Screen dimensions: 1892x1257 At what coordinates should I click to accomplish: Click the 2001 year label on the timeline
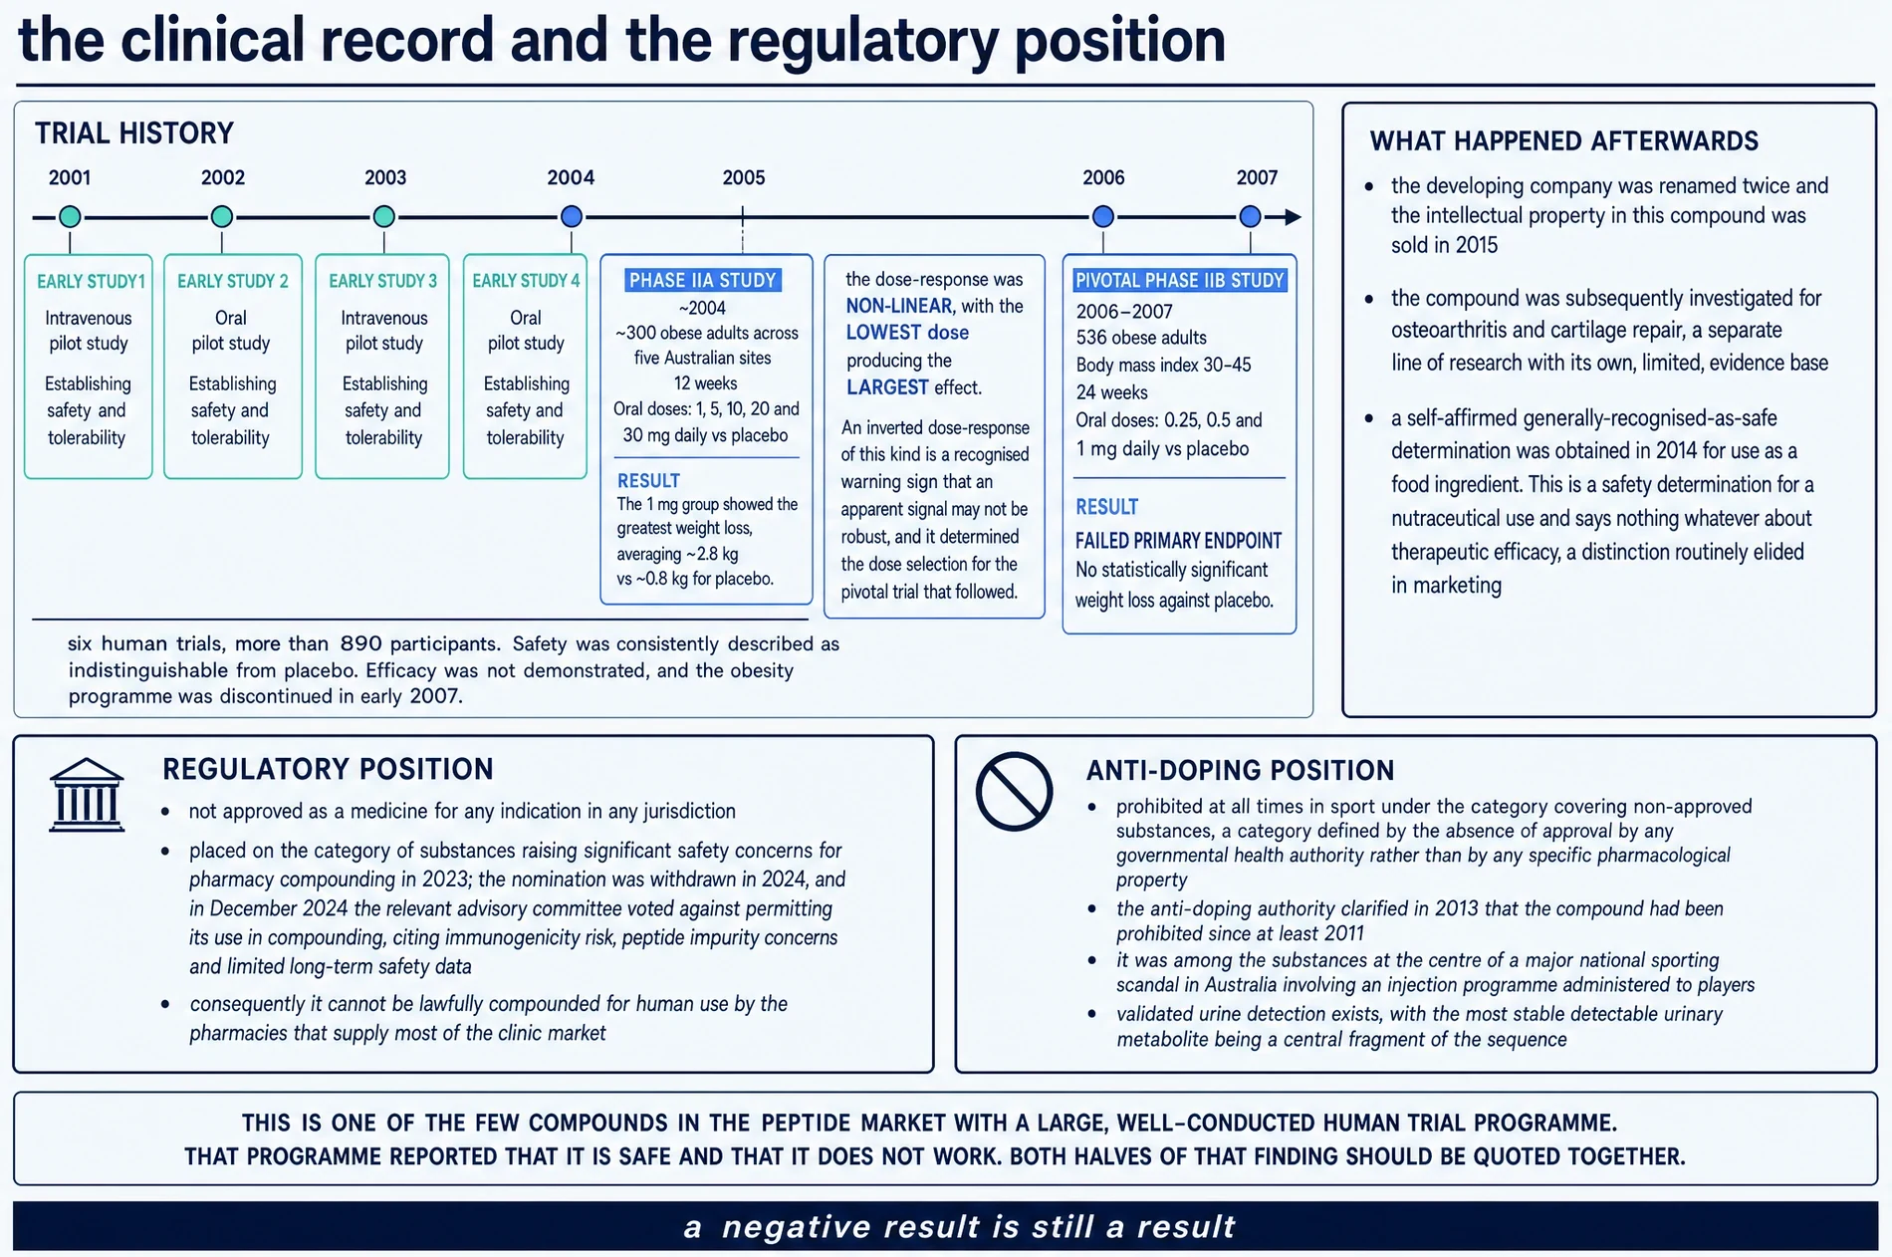click(x=70, y=178)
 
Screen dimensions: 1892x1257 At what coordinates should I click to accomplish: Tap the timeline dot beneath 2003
click(x=383, y=216)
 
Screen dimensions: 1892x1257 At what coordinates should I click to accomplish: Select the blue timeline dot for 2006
click(x=1102, y=216)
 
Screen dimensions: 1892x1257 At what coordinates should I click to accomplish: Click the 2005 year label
click(x=744, y=178)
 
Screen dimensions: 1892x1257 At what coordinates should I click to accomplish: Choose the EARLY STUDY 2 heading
click(x=233, y=282)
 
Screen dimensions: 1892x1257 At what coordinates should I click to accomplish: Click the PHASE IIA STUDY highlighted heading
click(x=702, y=281)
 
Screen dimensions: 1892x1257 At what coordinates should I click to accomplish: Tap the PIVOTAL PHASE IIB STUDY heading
click(x=1180, y=281)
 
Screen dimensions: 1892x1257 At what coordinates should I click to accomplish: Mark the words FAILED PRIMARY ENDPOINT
click(x=1178, y=541)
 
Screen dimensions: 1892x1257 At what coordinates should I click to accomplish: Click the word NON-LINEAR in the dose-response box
click(x=899, y=307)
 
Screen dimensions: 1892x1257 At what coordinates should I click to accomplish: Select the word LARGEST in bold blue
click(x=887, y=387)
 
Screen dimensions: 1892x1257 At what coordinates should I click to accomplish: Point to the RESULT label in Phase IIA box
click(x=648, y=481)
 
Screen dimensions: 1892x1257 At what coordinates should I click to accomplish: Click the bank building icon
click(x=87, y=795)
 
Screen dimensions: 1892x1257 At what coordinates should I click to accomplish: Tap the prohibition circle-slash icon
click(x=1014, y=792)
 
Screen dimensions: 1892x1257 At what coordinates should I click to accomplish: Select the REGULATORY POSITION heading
click(x=328, y=769)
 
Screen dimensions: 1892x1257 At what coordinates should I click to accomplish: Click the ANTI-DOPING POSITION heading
click(x=1240, y=770)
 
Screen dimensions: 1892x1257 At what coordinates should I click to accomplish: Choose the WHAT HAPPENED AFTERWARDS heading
click(x=1564, y=141)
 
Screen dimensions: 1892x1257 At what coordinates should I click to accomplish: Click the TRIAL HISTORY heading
click(x=134, y=133)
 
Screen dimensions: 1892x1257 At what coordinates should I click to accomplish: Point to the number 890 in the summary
click(x=360, y=643)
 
